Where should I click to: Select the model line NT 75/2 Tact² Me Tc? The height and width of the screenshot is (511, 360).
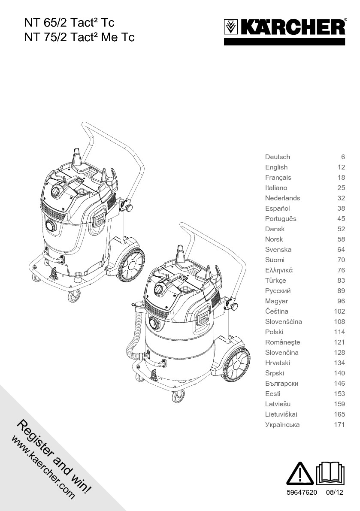[79, 37]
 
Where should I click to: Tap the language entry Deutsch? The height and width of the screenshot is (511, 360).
[277, 157]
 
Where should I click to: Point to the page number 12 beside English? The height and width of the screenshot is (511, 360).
[341, 167]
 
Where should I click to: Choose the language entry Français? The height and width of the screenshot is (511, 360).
[278, 178]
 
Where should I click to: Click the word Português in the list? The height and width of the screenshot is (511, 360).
[281, 219]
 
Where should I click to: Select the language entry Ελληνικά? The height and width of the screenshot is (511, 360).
[279, 270]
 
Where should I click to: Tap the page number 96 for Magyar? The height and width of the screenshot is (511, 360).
[341, 301]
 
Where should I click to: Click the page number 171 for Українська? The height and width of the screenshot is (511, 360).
[339, 425]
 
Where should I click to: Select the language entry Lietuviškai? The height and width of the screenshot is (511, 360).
[281, 414]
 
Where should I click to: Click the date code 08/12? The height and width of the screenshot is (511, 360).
[335, 493]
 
